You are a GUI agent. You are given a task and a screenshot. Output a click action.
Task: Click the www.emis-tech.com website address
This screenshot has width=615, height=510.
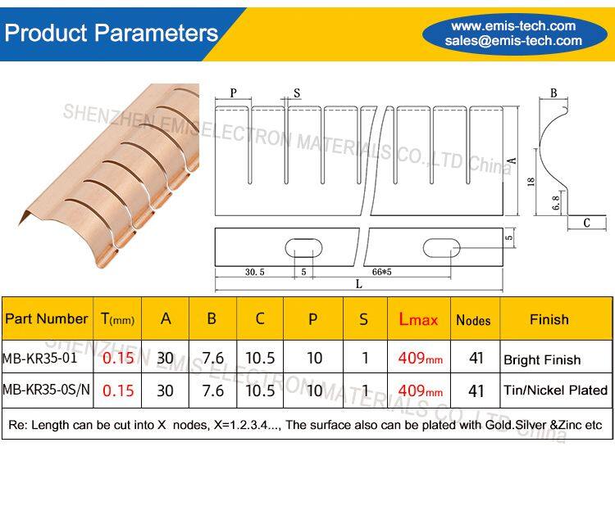513,26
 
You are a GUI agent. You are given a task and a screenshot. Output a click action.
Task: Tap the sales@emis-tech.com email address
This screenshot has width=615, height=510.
513,41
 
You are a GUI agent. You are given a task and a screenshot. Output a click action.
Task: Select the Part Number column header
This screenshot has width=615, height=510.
46,318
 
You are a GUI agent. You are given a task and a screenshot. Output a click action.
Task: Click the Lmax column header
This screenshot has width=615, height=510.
418,319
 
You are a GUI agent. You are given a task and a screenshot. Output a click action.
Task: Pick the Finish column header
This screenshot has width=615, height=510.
549,319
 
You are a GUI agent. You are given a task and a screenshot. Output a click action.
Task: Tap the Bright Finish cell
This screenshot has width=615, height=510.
542,359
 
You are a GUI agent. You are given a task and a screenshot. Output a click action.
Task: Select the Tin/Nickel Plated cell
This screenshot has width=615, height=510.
555,390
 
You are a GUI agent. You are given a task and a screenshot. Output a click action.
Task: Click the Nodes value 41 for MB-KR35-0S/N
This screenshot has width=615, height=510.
476,390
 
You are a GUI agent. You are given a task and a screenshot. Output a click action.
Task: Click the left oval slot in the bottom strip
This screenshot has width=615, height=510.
303,247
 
